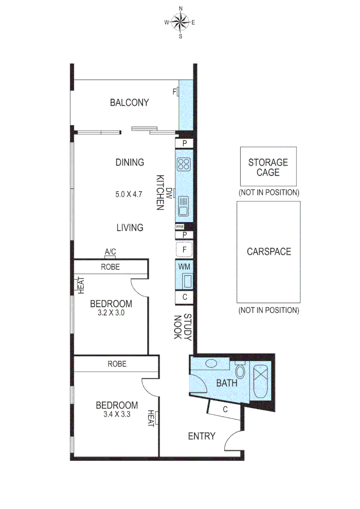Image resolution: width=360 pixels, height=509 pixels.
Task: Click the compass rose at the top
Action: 180,22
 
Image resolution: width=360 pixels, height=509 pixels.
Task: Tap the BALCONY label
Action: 129,102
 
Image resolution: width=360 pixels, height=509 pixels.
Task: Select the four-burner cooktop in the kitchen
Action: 183,164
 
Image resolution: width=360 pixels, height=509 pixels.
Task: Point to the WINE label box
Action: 180,227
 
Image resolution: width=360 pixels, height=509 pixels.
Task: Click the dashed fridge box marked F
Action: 184,249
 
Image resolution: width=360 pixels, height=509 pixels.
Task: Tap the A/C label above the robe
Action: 110,253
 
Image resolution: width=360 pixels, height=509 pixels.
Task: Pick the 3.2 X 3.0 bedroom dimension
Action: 111,312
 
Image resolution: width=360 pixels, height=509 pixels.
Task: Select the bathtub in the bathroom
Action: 260,382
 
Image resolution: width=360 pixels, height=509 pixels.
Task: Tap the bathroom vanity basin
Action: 211,364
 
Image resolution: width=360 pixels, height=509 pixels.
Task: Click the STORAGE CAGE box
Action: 268,166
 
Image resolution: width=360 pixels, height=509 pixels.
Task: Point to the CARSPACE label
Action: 269,252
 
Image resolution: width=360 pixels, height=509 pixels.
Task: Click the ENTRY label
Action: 202,436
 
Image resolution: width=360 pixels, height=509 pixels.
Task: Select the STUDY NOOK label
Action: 182,327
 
